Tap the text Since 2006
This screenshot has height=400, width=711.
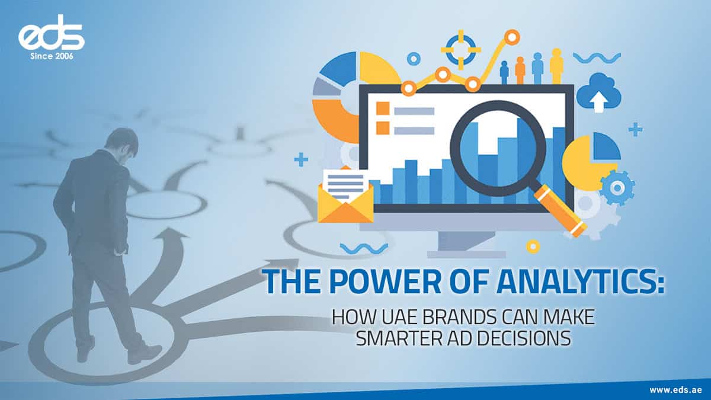[51, 57]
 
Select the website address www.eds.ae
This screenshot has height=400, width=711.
[675, 389]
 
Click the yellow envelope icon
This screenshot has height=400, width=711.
[345, 196]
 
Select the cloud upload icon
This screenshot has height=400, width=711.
[598, 92]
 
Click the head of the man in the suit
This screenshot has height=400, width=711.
[121, 141]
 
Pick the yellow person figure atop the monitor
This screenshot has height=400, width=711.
[556, 66]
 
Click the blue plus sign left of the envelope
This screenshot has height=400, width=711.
[301, 159]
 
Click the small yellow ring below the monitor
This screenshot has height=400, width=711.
[533, 246]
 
